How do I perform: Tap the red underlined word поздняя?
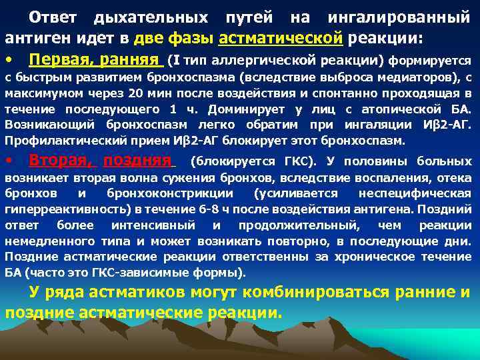(138, 161)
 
